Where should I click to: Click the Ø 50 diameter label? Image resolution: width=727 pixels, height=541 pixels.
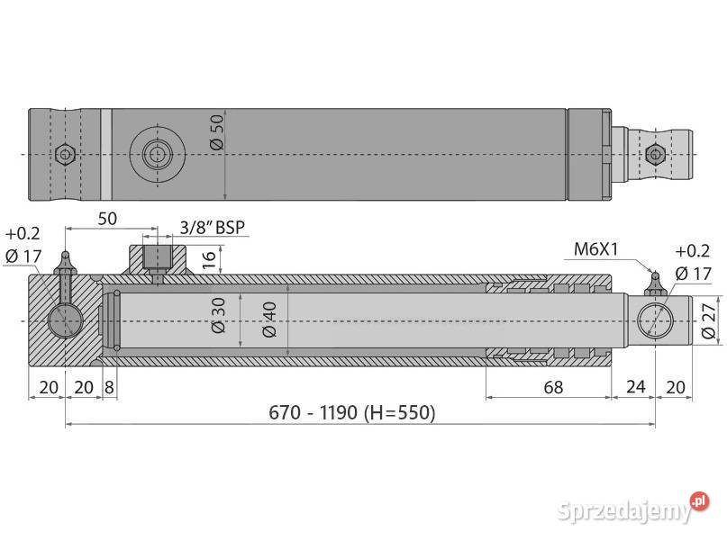point(215,133)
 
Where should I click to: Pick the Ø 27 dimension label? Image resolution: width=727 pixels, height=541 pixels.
point(708,321)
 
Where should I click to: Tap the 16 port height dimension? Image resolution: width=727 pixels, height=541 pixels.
point(208,260)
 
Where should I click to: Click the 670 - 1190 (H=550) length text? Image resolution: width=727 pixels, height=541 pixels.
point(352,413)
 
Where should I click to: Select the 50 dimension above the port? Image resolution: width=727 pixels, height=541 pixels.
point(107,219)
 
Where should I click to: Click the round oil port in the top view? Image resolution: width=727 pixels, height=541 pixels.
point(158,155)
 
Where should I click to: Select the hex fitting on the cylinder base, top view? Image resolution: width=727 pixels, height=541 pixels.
point(65,154)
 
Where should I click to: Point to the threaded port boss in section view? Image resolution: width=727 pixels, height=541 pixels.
point(158,259)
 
